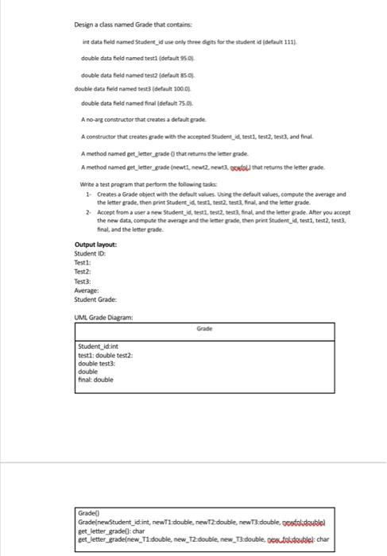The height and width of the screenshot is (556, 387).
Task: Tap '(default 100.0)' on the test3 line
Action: (162, 90)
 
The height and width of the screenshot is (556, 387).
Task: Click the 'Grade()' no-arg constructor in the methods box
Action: (89, 515)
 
